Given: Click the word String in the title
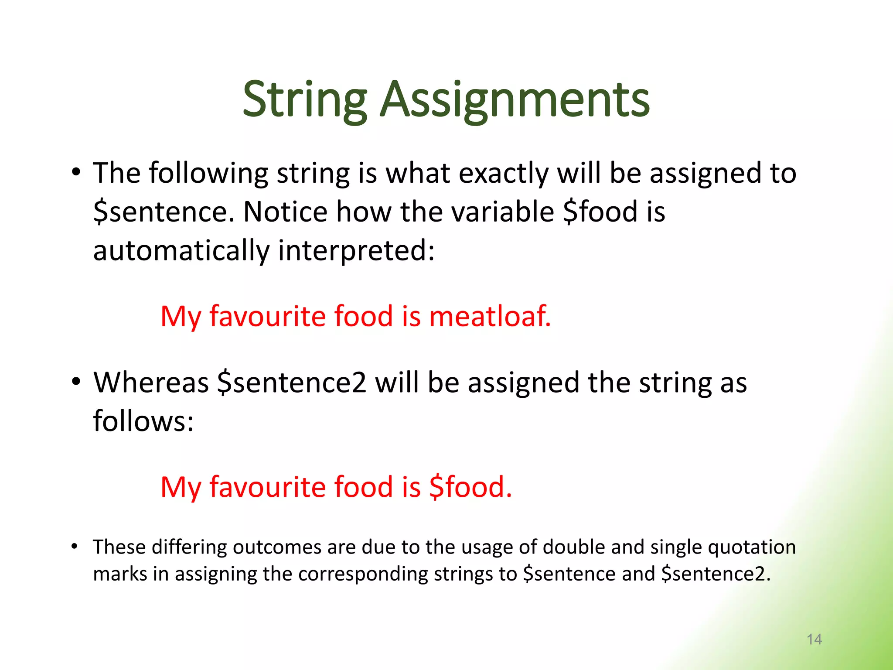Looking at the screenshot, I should pyautogui.click(x=304, y=100).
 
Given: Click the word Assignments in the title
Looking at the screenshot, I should pyautogui.click(x=515, y=100).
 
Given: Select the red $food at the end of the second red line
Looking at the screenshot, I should pyautogui.click(x=470, y=487).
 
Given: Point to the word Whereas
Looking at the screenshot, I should pyautogui.click(x=151, y=383).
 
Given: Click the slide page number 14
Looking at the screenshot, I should pyautogui.click(x=814, y=639).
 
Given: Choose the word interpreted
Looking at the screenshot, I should pyautogui.click(x=356, y=251).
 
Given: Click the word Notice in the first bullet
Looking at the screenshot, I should pyautogui.click(x=285, y=212).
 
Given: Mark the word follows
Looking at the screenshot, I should pyautogui.click(x=143, y=421).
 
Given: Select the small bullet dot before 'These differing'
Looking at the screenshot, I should pyautogui.click(x=75, y=546).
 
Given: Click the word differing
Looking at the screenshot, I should pyautogui.click(x=189, y=547).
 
